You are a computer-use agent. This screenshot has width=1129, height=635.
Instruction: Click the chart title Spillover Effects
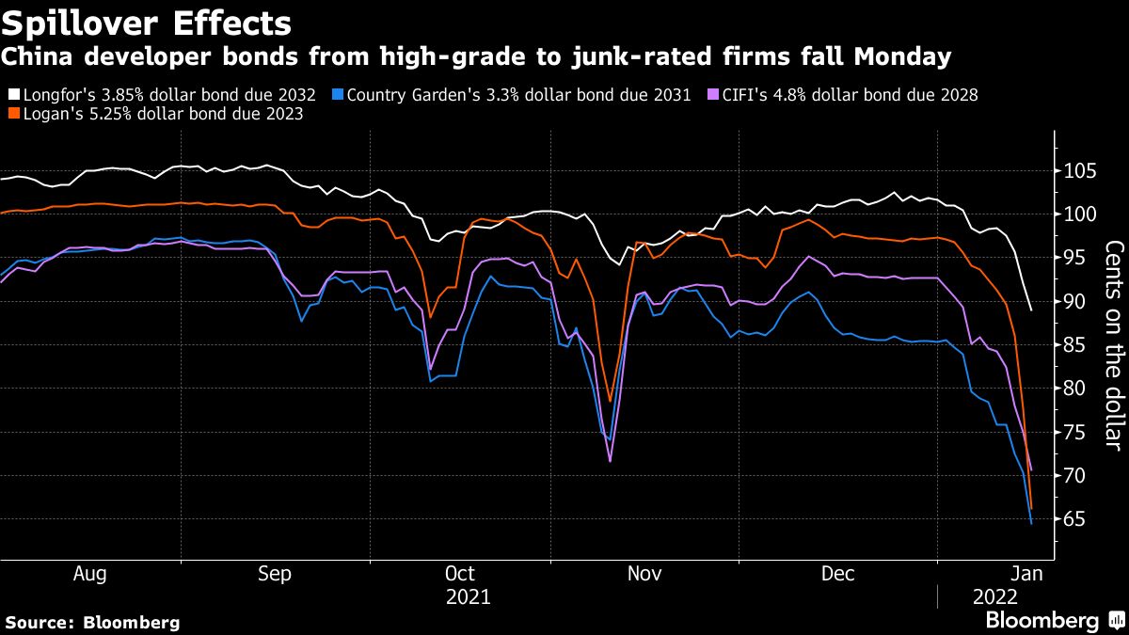pyautogui.click(x=146, y=23)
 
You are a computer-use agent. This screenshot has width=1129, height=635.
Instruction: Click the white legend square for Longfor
pyautogui.click(x=12, y=95)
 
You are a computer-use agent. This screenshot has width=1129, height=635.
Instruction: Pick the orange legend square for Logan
pyautogui.click(x=12, y=114)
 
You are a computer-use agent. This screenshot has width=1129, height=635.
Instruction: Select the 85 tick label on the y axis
pyautogui.click(x=1069, y=345)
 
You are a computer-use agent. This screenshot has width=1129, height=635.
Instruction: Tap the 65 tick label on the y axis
pyautogui.click(x=1069, y=519)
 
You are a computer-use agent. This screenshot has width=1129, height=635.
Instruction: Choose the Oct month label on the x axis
pyautogui.click(x=459, y=574)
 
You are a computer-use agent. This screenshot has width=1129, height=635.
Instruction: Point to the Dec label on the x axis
pyautogui.click(x=837, y=574)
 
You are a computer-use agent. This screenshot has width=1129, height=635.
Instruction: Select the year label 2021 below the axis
pyautogui.click(x=468, y=596)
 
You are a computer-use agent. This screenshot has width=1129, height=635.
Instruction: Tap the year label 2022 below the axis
pyautogui.click(x=994, y=596)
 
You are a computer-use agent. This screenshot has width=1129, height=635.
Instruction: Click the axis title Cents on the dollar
pyautogui.click(x=1114, y=345)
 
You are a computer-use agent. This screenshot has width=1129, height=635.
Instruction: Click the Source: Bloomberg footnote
pyautogui.click(x=92, y=622)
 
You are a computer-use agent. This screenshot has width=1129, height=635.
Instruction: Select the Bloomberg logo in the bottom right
pyautogui.click(x=1042, y=620)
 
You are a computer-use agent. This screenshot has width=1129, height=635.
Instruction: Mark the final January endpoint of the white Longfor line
pyautogui.click(x=1032, y=310)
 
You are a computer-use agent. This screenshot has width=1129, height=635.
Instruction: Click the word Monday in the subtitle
pyautogui.click(x=902, y=57)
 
